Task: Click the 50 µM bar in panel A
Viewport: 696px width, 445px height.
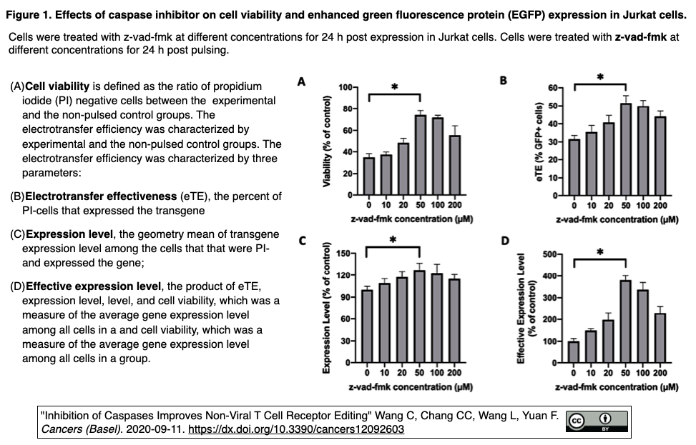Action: pyautogui.click(x=420, y=155)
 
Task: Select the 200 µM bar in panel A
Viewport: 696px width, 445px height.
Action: pyautogui.click(x=454, y=165)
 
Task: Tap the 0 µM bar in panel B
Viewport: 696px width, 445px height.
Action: pyautogui.click(x=574, y=166)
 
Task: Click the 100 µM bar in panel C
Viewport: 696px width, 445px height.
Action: pyautogui.click(x=437, y=317)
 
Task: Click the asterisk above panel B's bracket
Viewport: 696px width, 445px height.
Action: pyautogui.click(x=600, y=77)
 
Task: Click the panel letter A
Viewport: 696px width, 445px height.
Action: pyautogui.click(x=301, y=82)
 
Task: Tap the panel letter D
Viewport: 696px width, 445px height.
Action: pyautogui.click(x=505, y=241)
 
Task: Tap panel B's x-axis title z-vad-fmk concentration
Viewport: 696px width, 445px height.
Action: pyautogui.click(x=617, y=219)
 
